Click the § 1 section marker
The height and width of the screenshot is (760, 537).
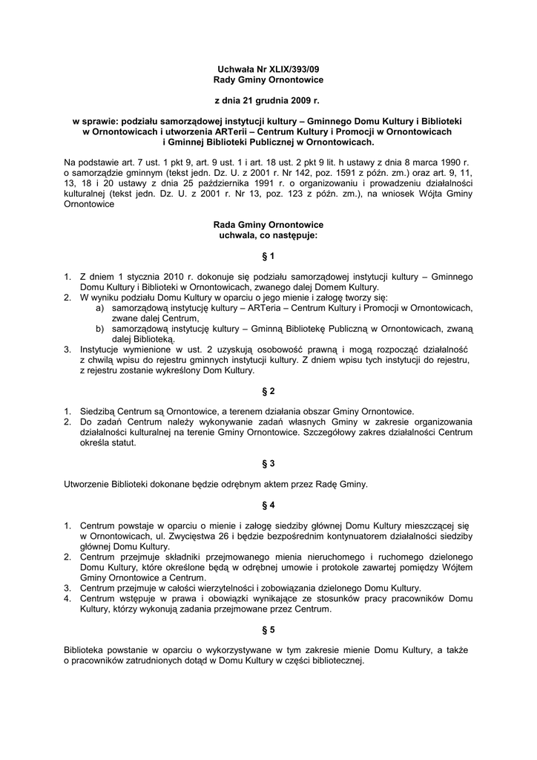tap(268, 256)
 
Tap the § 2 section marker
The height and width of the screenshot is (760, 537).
tap(268, 390)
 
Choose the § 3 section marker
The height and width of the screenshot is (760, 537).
tap(268, 463)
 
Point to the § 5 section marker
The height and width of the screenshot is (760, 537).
tap(268, 629)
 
